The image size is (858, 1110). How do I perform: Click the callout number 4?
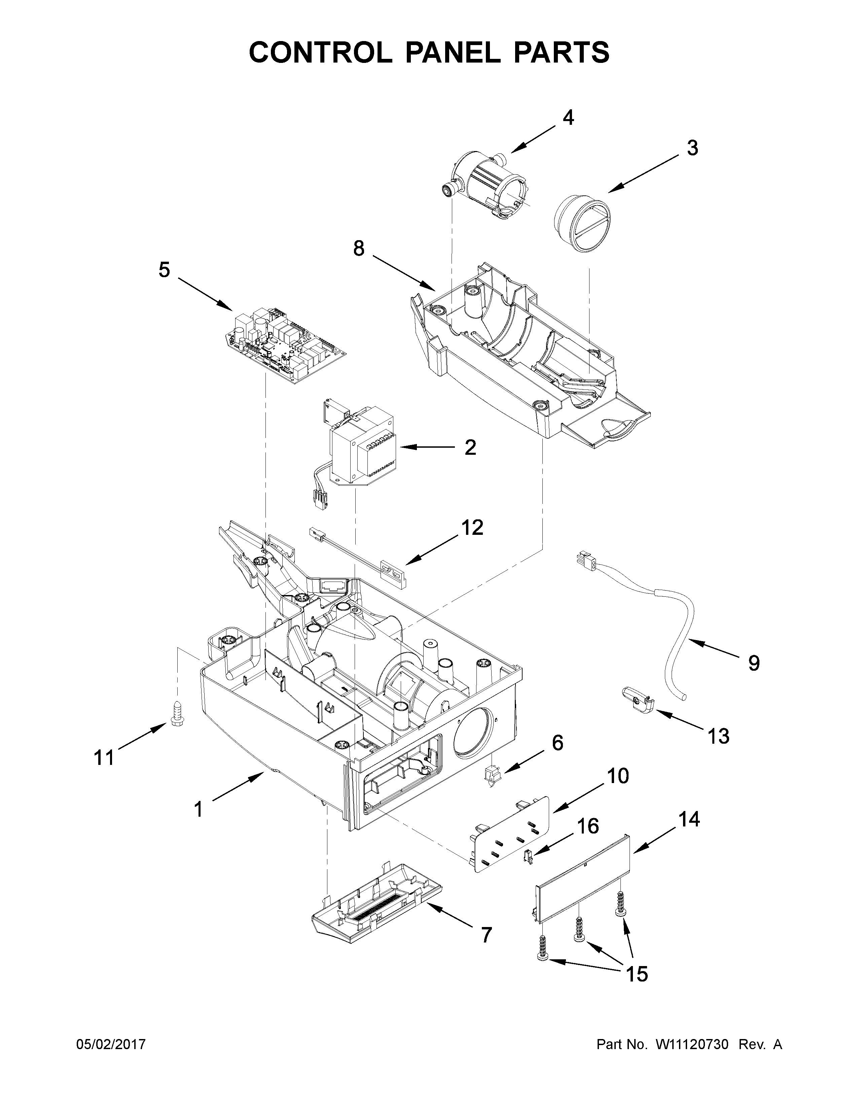[x=568, y=118]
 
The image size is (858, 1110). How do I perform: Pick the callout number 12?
[x=472, y=528]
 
